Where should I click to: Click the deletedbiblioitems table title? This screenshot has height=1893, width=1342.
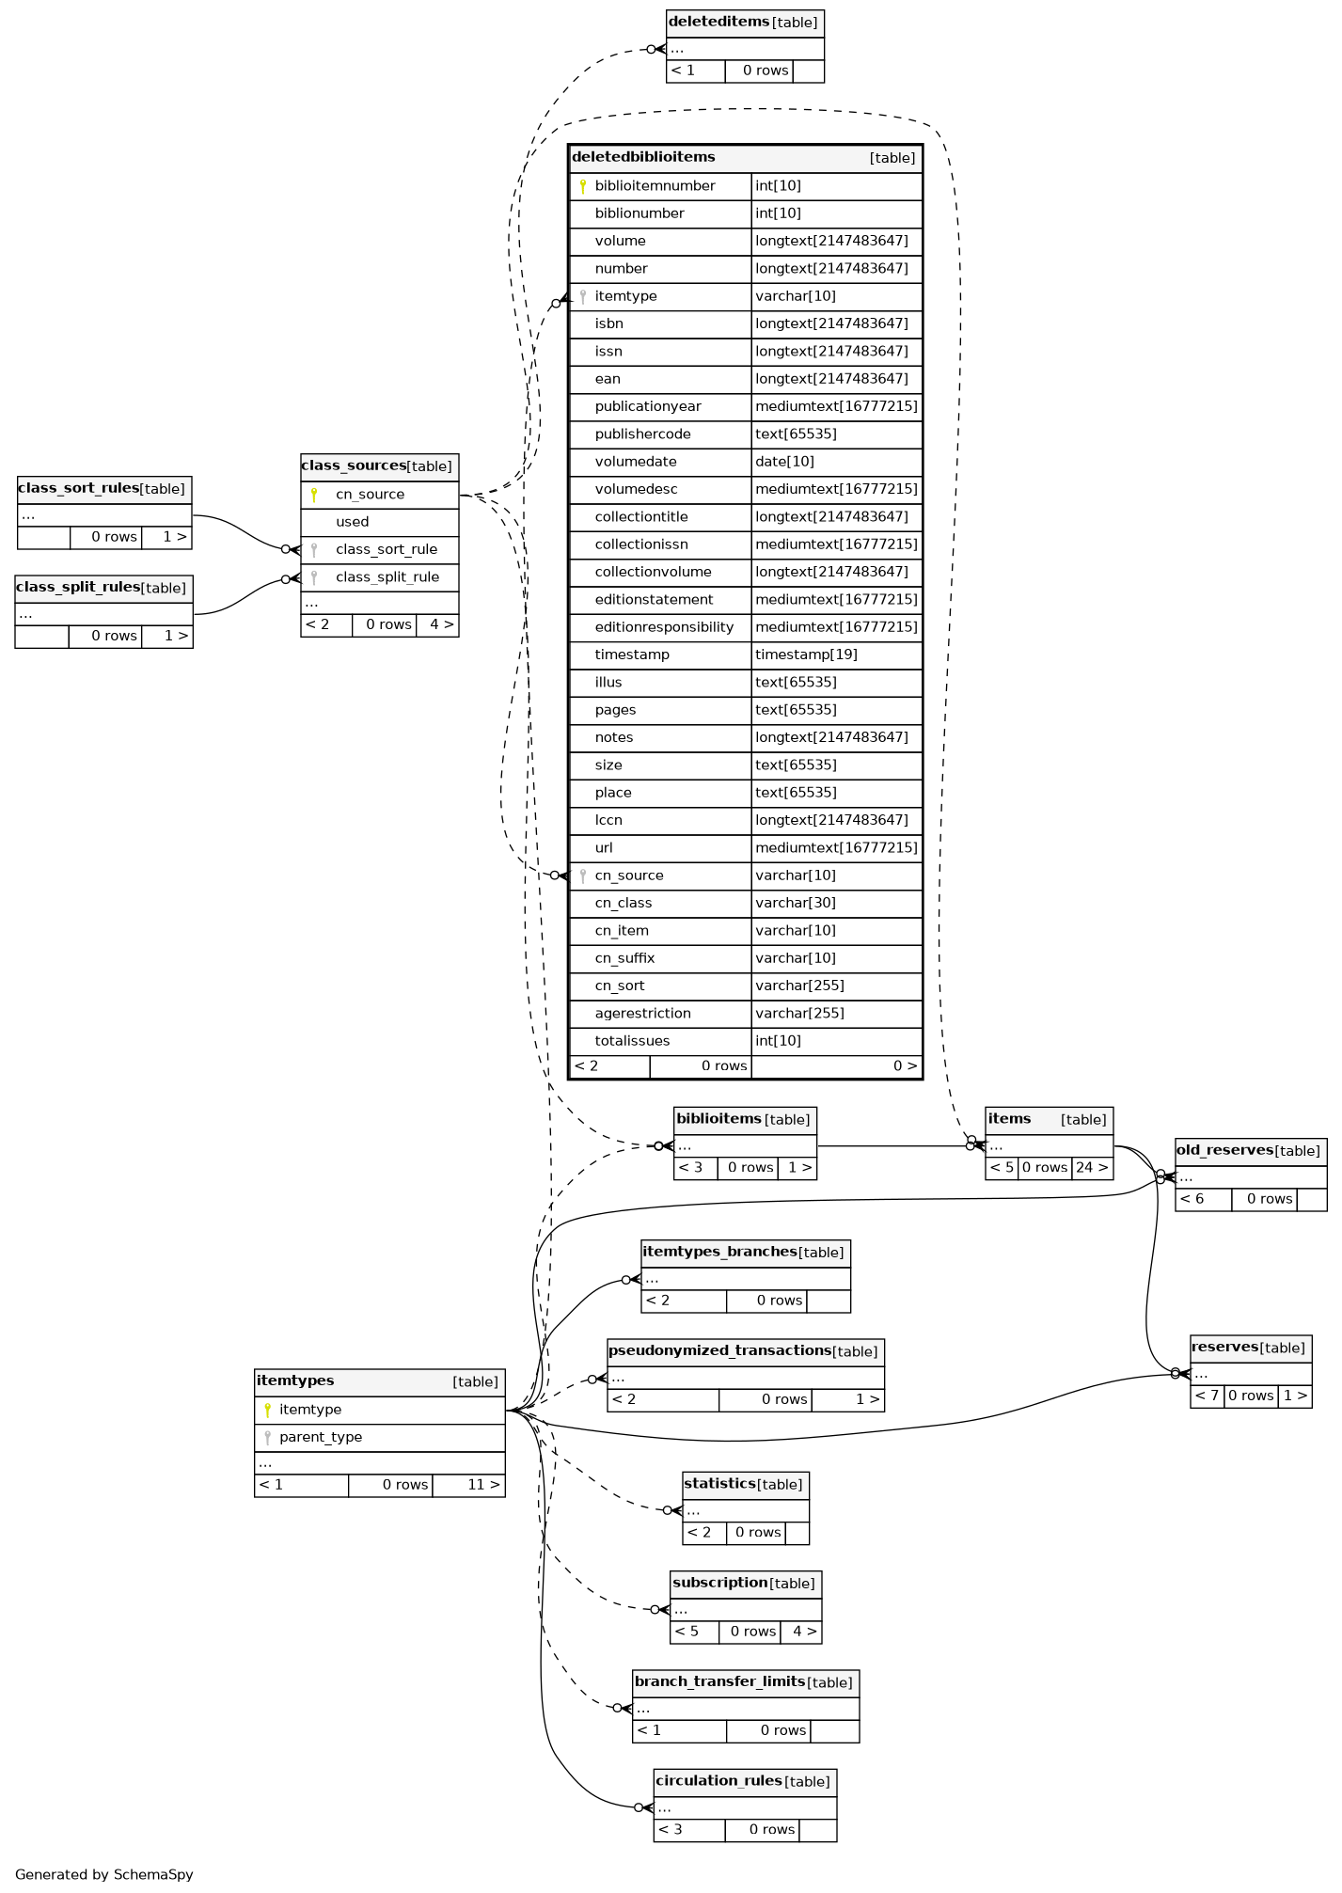tap(644, 157)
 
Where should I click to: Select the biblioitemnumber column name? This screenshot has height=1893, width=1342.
tap(655, 186)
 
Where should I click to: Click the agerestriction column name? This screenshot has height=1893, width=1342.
tap(642, 1014)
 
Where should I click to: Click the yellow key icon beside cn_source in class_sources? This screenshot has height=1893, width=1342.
tap(314, 495)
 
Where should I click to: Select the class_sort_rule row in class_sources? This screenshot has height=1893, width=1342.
tap(386, 549)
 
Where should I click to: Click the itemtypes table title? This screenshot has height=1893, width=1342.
tap(295, 1381)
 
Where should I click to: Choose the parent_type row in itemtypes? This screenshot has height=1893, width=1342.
tap(320, 1437)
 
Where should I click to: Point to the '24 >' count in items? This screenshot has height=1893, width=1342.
tap(1092, 1168)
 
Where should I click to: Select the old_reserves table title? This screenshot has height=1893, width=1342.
tap(1224, 1151)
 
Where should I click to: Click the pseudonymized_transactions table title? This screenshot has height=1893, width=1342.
tap(719, 1351)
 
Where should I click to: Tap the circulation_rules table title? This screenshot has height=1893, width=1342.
tap(718, 1781)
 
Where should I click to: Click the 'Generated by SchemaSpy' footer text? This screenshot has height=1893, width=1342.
tap(104, 1874)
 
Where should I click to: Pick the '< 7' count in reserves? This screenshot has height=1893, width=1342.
tap(1207, 1396)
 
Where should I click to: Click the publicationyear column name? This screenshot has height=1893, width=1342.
tap(648, 406)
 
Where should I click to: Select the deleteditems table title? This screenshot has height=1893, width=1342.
tap(718, 23)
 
